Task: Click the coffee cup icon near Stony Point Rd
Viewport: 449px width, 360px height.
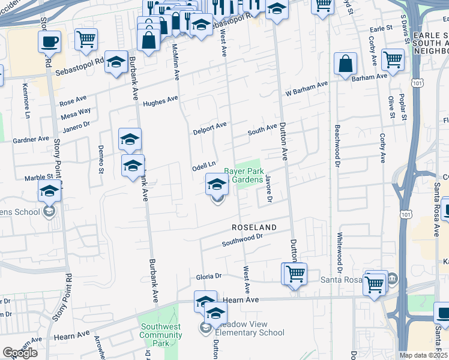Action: coord(49,42)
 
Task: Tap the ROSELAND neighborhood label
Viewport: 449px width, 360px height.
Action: coord(255,228)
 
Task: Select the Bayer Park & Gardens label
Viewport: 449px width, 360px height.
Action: coord(244,176)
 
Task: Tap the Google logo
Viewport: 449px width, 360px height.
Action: coord(20,353)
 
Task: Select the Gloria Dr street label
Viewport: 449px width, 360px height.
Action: coord(209,277)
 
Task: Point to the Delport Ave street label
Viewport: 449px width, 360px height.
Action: coord(209,128)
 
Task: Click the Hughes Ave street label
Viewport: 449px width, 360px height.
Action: coord(160,100)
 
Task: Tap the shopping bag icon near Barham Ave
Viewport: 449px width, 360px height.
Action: coord(346,64)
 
